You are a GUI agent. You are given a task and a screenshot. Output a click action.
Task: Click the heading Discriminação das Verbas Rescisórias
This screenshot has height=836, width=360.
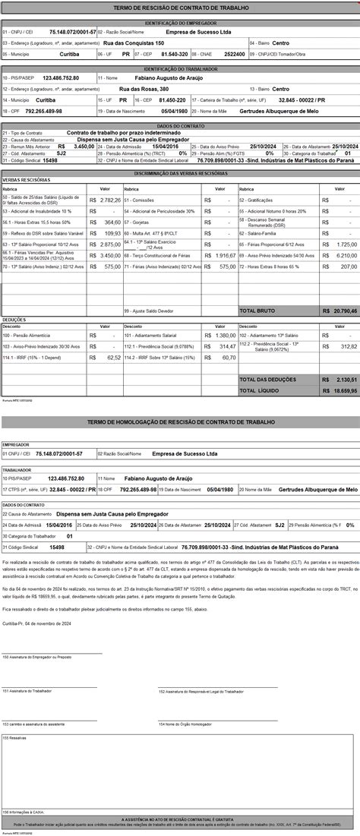(180, 174)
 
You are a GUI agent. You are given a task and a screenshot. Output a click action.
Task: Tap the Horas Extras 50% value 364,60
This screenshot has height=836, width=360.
(112, 222)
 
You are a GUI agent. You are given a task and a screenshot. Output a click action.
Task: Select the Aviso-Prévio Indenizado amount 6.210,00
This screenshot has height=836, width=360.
(344, 256)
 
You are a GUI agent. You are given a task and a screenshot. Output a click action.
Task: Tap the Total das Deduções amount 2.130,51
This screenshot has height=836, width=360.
(341, 379)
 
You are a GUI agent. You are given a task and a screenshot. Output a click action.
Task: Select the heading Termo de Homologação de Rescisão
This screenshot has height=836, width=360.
(180, 421)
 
